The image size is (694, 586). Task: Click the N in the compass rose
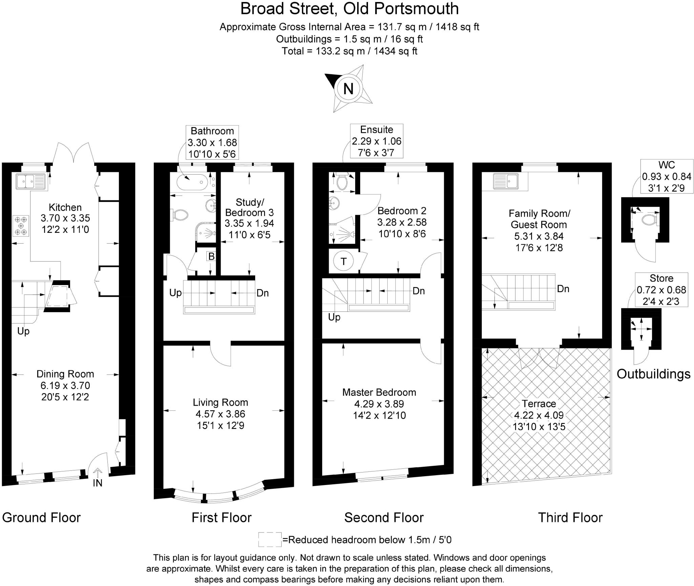click(348, 88)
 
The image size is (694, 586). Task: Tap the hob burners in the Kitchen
click(21, 226)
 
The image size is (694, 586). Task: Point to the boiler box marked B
click(211, 256)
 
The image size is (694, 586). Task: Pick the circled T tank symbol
click(344, 261)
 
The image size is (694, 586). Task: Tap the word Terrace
click(539, 404)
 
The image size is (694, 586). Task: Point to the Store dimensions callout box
click(661, 289)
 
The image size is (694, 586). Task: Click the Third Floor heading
click(570, 518)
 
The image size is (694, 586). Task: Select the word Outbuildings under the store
click(653, 374)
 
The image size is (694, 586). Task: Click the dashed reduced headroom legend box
click(270, 539)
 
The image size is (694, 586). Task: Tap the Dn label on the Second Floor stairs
click(419, 291)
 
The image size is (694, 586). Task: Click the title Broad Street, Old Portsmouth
click(349, 9)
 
